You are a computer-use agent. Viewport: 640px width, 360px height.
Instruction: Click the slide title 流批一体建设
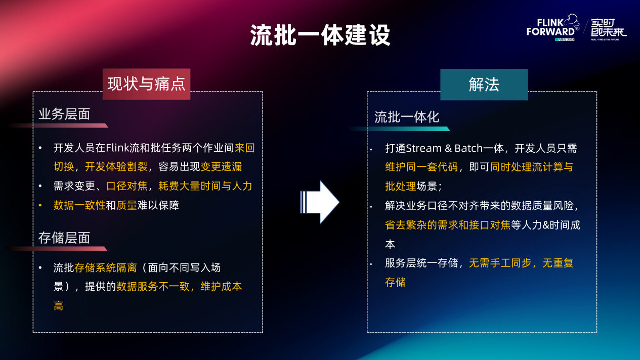pos(320,35)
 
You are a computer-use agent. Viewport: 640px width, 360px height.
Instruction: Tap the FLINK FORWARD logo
pos(553,27)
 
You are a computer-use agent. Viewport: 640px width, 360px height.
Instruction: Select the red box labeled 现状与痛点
pos(146,84)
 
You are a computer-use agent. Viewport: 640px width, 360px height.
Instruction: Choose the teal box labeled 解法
pos(484,84)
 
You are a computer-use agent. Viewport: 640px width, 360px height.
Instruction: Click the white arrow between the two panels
pos(319,202)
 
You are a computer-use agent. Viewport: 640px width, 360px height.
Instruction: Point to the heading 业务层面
pos(64,114)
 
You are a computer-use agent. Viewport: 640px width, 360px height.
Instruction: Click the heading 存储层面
pos(64,238)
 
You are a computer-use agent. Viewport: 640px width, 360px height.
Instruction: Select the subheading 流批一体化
pos(407,117)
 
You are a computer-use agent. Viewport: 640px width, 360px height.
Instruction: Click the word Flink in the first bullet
pos(117,148)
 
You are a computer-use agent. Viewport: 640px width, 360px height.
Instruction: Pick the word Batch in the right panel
pos(468,149)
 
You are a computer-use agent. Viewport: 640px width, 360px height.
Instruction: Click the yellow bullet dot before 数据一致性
pos(40,205)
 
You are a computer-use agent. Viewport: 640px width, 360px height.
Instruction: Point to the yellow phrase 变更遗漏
pos(221,167)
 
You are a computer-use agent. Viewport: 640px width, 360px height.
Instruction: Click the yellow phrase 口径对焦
pos(127,186)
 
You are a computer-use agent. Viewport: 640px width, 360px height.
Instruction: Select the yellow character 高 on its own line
pos(58,306)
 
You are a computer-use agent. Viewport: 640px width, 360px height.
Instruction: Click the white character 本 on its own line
pos(390,244)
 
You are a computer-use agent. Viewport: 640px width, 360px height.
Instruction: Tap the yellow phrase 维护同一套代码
pos(421,167)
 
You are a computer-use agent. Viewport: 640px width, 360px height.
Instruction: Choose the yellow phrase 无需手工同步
pos(500,263)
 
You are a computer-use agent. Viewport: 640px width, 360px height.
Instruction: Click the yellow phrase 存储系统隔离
pos(106,268)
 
